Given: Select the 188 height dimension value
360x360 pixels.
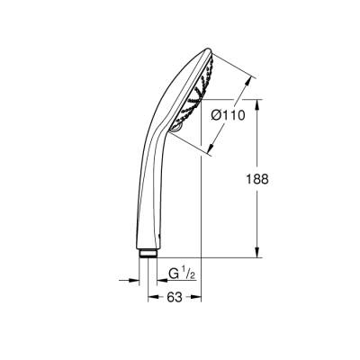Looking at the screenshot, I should [283, 179].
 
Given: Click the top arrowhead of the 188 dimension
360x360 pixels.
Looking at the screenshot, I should [262, 101].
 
